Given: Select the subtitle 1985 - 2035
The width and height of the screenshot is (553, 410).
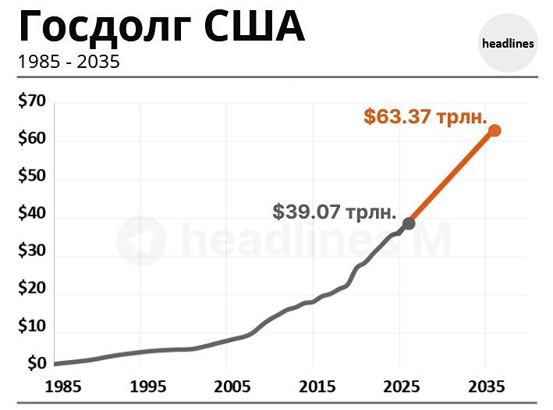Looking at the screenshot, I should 69,61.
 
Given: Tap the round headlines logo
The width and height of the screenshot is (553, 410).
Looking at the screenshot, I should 508,43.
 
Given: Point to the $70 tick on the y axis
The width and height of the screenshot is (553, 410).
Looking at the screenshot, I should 32,102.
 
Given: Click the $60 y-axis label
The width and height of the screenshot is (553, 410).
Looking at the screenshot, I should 32,140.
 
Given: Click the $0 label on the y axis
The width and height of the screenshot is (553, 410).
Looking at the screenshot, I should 36,364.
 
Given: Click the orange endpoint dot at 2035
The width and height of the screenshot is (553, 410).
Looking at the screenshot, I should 495,130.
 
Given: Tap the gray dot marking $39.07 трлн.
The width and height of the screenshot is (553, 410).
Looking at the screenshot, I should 409,223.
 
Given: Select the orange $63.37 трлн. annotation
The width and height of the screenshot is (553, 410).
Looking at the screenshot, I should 425,118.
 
